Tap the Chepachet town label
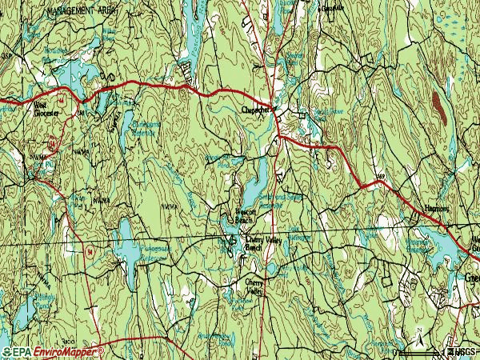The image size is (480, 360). (x=258, y=111)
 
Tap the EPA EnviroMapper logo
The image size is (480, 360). (x=53, y=352)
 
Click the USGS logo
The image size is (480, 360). (x=463, y=352)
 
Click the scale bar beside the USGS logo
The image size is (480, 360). (x=420, y=352)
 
